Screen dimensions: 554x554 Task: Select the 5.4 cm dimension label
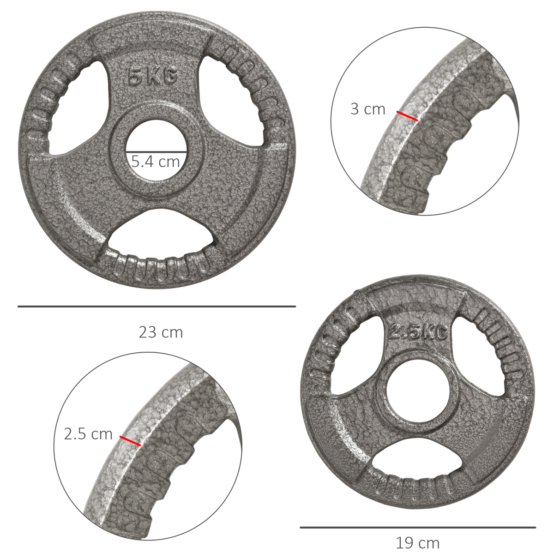coord(155,162)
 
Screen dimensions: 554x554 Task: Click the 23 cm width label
coord(161,332)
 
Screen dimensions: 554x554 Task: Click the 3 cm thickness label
coord(367,109)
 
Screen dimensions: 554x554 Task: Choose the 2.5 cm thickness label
coord(88,434)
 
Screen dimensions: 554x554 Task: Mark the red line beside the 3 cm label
coord(407,116)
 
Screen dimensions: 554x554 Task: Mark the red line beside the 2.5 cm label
coord(130,441)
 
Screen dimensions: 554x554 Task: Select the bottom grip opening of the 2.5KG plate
coord(418,462)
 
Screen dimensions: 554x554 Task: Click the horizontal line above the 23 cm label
coord(157,306)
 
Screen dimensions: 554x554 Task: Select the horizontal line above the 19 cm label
coord(417,527)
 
